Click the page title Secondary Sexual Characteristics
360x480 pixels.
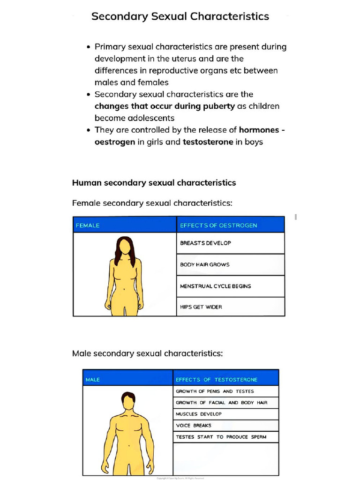tap(180, 16)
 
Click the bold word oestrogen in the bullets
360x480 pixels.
tap(115, 142)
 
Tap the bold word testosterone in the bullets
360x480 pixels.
tap(208, 142)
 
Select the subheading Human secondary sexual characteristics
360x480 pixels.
tap(154, 183)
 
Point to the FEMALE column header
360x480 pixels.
tap(88, 225)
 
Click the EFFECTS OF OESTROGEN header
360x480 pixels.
tap(218, 225)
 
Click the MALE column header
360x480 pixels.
tap(93, 380)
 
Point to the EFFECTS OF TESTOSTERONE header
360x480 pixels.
tap(217, 380)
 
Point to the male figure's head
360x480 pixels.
tap(128, 401)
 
